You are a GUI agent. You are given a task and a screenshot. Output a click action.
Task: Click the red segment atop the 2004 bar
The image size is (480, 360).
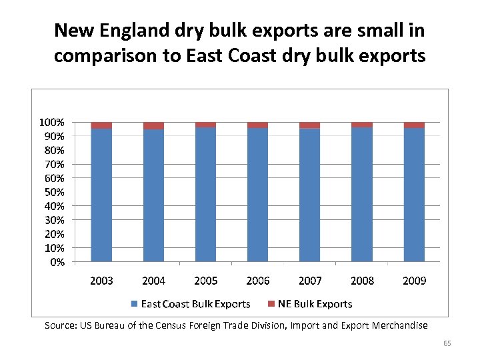pyautogui.click(x=153, y=125)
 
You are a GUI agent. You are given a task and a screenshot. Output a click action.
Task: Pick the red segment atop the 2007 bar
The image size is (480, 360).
pyautogui.click(x=309, y=125)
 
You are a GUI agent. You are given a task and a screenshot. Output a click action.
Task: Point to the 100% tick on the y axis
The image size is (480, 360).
pyautogui.click(x=51, y=123)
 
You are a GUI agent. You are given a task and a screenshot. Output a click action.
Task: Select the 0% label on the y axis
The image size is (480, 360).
pyautogui.click(x=57, y=262)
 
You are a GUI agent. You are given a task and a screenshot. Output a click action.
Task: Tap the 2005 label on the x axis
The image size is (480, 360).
pyautogui.click(x=205, y=281)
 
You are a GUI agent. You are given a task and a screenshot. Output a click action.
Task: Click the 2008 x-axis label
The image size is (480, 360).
pyautogui.click(x=362, y=281)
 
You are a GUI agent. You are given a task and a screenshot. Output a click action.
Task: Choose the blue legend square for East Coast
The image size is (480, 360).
pyautogui.click(x=135, y=304)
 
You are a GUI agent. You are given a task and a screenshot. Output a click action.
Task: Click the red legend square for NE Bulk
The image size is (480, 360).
pyautogui.click(x=271, y=304)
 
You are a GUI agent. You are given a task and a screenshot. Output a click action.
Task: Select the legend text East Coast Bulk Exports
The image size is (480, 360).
pyautogui.click(x=195, y=304)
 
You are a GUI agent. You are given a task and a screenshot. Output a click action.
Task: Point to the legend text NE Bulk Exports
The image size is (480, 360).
pyautogui.click(x=315, y=304)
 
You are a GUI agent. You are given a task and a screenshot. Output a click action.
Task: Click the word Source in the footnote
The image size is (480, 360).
pyautogui.click(x=59, y=325)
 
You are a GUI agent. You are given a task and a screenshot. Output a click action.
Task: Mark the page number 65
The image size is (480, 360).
pyautogui.click(x=447, y=343)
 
